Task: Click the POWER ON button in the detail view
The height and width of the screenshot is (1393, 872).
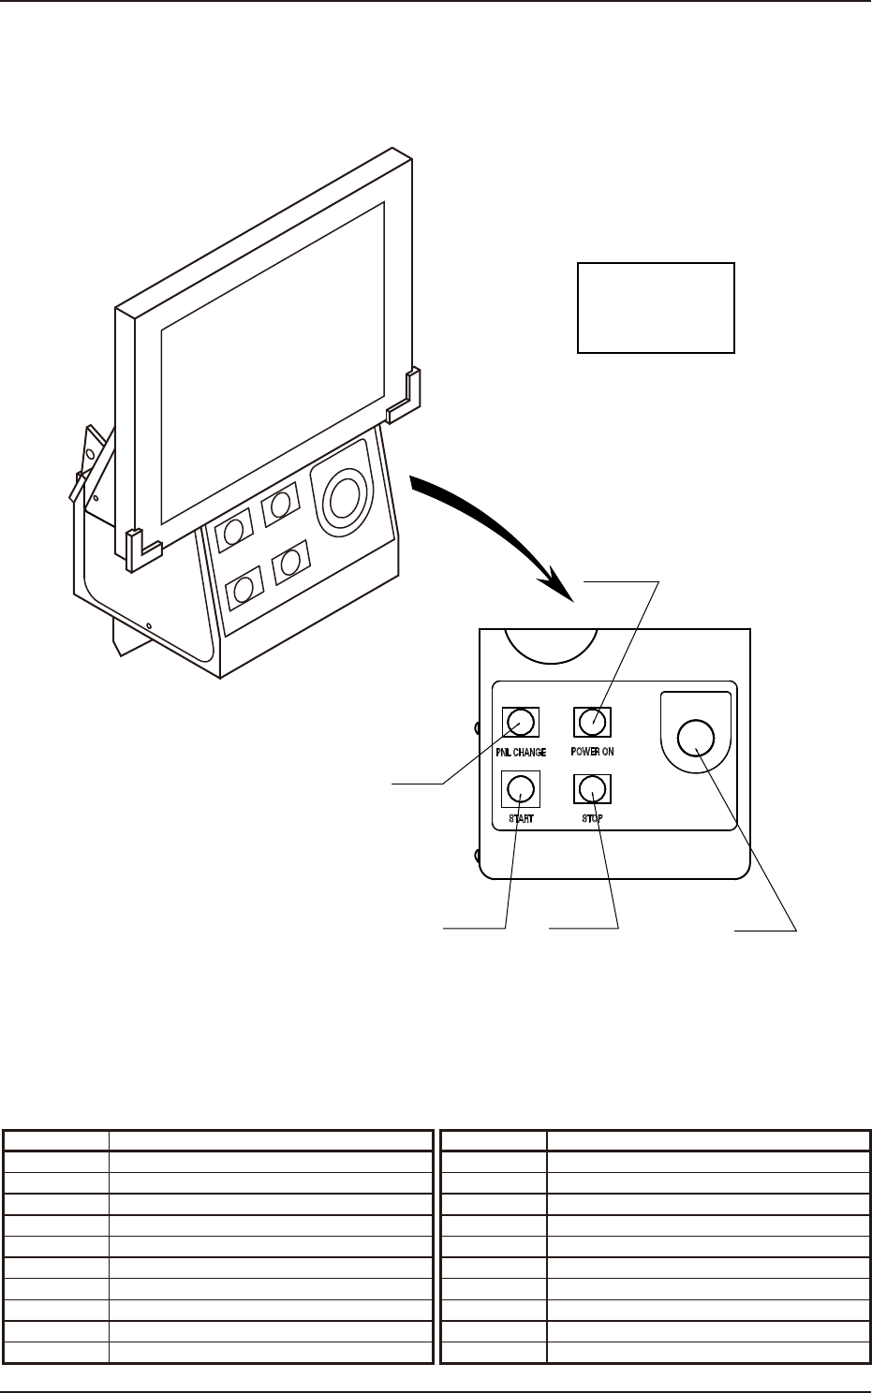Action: (x=591, y=722)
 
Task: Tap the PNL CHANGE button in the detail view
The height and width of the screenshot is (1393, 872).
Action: (x=521, y=722)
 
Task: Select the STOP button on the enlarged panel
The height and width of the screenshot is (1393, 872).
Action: (x=591, y=789)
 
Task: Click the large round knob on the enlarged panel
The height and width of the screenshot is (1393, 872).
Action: (x=695, y=738)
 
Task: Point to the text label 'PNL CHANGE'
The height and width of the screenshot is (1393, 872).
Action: (x=521, y=753)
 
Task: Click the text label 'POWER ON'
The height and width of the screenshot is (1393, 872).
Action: (x=592, y=753)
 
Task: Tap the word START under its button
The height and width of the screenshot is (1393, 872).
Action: (x=521, y=819)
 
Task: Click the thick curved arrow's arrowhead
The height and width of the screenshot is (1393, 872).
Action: (x=562, y=587)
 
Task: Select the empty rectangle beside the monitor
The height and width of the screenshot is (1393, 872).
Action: (x=656, y=307)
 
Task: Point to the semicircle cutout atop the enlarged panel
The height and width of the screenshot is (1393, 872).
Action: (x=551, y=641)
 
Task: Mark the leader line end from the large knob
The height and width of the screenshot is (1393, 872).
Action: (x=736, y=931)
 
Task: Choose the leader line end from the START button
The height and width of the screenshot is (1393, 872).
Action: (x=443, y=929)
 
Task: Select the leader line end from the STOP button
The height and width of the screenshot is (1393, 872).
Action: (x=550, y=929)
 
